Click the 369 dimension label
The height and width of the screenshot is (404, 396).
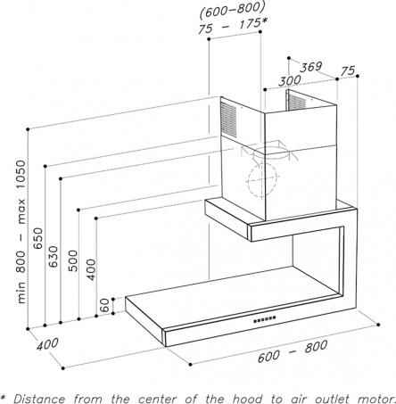coord(311,67)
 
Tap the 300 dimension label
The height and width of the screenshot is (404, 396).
coord(290,80)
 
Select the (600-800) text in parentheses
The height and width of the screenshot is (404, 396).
coord(232,10)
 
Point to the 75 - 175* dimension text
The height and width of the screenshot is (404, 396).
coord(233,26)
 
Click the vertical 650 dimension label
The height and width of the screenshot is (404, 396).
coord(38,238)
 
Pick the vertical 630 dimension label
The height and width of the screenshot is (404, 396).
coord(54,256)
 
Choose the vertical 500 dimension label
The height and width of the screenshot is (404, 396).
coord(73,260)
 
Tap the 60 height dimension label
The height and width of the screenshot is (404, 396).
coord(104,305)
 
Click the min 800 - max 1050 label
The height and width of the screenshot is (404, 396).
coord(21,232)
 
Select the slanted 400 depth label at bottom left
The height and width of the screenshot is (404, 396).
coord(47,344)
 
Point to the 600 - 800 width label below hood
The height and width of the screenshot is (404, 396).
coord(293,351)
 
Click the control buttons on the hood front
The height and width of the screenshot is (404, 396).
coord(264,319)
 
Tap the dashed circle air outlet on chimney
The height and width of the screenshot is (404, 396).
coord(262,180)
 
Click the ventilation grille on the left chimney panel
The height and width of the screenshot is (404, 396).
coord(228,120)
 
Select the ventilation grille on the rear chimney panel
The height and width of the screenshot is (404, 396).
coord(296,101)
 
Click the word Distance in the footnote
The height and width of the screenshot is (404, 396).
coord(40,399)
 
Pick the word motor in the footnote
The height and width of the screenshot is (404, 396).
coord(377,399)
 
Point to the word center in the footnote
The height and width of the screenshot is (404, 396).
coord(158,399)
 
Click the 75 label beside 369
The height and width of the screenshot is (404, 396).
coord(348,70)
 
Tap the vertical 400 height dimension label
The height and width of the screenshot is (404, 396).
coord(92,269)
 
